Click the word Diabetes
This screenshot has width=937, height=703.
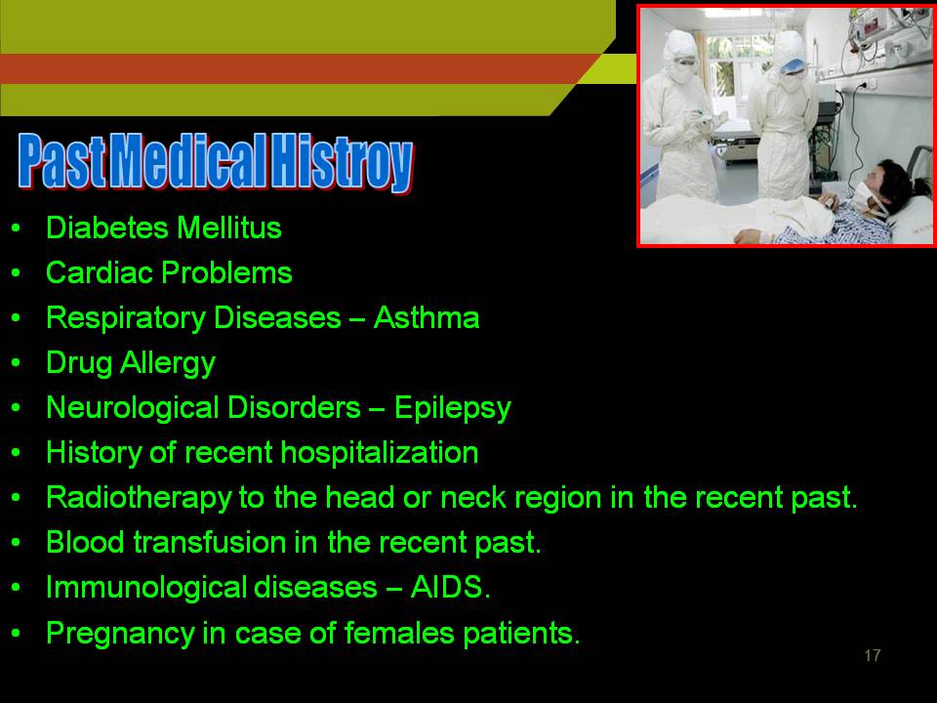point(107,227)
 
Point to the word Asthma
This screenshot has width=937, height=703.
point(427,317)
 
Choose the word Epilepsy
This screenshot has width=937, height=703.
point(452,408)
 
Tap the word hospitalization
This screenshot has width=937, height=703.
point(380,452)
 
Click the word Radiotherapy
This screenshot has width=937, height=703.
point(139,498)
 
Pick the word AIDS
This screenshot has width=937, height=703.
point(450,587)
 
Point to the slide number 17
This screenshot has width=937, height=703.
point(872,655)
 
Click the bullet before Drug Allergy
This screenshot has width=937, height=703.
point(17,363)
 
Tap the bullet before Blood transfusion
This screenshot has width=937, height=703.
point(17,542)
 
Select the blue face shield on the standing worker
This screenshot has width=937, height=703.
point(793,65)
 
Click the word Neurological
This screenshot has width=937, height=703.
point(133,408)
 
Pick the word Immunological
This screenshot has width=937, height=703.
point(146,588)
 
